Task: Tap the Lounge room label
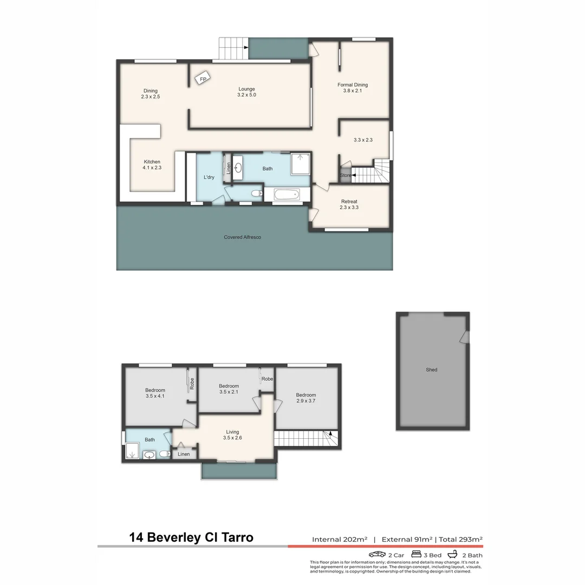(246, 92)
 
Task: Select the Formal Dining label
(353, 88)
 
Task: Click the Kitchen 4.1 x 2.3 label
(152, 165)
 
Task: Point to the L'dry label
(209, 178)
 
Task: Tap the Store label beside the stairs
(345, 175)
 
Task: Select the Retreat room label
(349, 204)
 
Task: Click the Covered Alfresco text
(243, 237)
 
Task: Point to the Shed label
(432, 370)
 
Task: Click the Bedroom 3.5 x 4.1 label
(155, 393)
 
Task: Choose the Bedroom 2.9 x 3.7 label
(305, 398)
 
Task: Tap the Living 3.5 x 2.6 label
(232, 434)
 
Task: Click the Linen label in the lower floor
(184, 454)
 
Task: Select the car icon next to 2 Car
(377, 555)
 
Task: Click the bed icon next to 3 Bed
(417, 555)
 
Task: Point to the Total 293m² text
(460, 539)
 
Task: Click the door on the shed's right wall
(464, 337)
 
